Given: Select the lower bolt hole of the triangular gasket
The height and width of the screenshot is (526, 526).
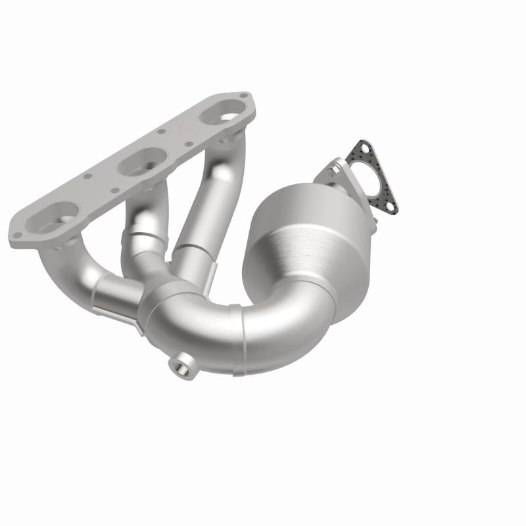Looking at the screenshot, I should [x=389, y=207].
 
